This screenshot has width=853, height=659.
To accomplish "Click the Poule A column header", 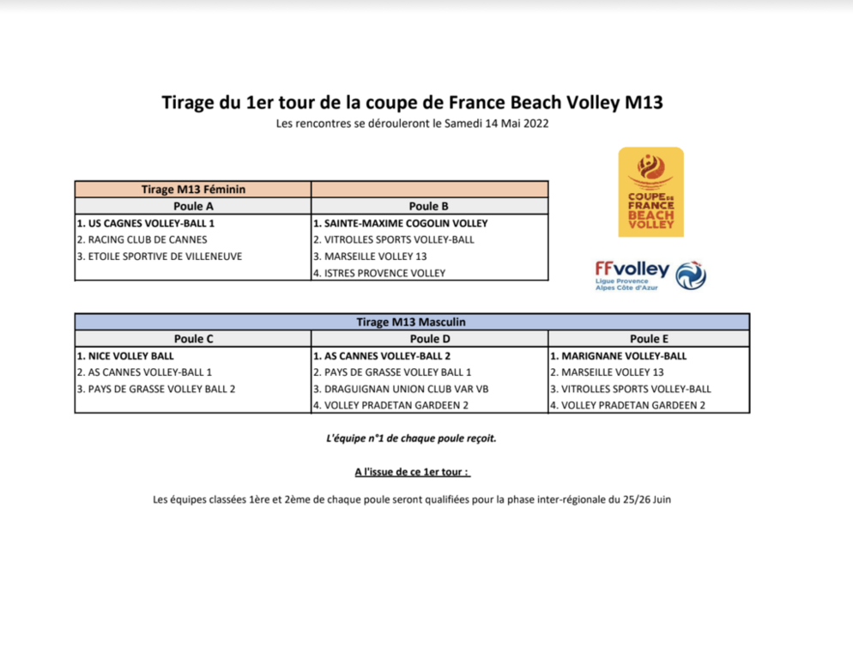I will (x=193, y=206).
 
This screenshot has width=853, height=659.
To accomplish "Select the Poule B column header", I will (x=429, y=206).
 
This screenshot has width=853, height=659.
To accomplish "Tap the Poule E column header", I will (x=649, y=339).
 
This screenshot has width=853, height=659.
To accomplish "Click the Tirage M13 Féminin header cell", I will (x=193, y=190).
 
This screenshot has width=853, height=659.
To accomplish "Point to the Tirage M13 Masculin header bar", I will (x=412, y=322).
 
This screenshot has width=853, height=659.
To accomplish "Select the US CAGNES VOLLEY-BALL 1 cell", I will (x=145, y=223).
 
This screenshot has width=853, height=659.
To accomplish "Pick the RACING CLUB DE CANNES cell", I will (x=142, y=239).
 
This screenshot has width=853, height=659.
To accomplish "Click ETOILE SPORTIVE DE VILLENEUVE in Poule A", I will (x=159, y=256).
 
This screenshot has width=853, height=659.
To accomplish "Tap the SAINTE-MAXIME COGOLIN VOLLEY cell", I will (x=400, y=223).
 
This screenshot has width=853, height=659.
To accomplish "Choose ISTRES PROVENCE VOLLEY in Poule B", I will (x=379, y=273).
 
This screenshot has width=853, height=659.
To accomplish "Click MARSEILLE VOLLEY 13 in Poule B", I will (x=370, y=256).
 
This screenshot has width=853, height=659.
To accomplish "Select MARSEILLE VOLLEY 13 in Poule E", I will (x=607, y=372).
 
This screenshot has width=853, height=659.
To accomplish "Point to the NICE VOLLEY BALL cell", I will (x=125, y=355).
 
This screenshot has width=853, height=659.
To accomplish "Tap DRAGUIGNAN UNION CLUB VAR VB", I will (x=401, y=389).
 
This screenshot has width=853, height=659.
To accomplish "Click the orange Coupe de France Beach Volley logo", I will (x=651, y=192).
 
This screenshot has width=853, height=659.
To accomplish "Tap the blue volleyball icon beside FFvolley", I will (x=691, y=275).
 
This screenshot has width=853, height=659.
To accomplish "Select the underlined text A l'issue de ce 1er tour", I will (x=412, y=472).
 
